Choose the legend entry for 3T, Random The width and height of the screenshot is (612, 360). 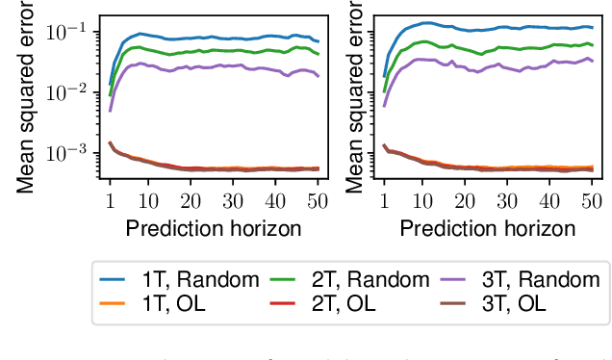526,279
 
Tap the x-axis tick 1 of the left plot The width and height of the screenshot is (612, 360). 110,199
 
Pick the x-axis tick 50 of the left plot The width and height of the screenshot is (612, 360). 318,199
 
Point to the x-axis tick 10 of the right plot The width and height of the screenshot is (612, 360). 421,199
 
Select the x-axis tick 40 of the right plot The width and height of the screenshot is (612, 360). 548,199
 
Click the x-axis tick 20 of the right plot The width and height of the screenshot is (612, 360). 464,199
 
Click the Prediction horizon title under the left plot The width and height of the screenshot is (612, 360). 214,228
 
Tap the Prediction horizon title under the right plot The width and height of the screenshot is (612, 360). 487,228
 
